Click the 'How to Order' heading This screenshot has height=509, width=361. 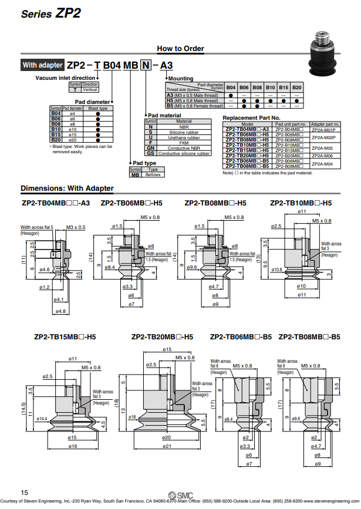coord(180,49)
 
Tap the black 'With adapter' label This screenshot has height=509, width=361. coord(42,65)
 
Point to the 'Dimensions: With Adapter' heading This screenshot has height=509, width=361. coord(67,188)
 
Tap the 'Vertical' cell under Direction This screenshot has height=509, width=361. coord(90,90)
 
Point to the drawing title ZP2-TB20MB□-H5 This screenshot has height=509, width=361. coord(162,338)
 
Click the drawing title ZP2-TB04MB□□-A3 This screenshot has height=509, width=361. coord(56,203)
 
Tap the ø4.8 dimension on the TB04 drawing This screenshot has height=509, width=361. coord(60,311)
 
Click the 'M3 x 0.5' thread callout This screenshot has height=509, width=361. coord(76,227)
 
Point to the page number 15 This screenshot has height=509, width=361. coord(24,492)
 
